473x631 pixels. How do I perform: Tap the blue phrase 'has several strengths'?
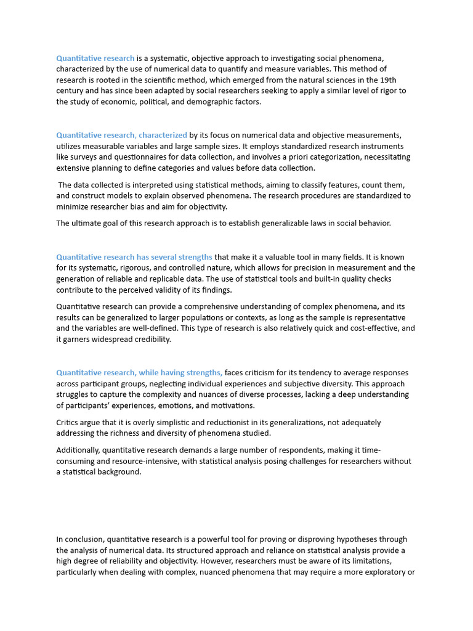click(174, 257)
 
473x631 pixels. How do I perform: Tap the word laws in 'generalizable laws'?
click(315, 223)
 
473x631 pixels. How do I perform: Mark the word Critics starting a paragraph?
click(69, 423)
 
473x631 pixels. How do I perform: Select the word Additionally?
click(78, 450)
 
